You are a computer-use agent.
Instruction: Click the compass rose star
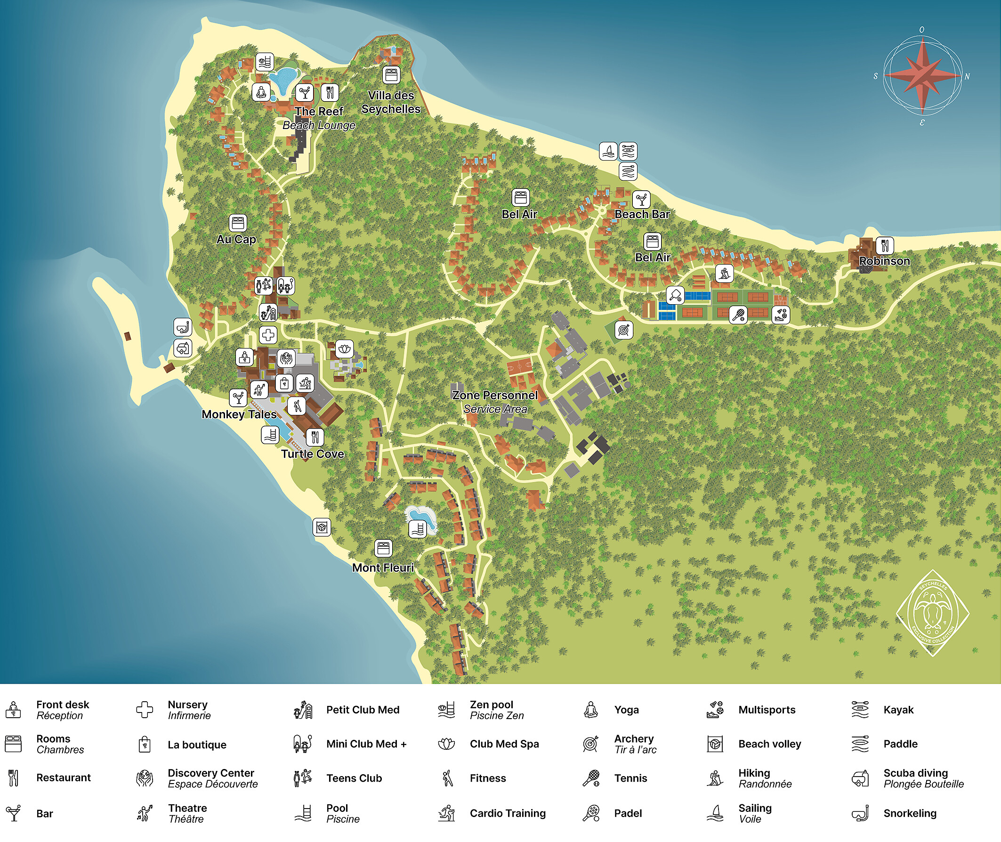coord(922,76)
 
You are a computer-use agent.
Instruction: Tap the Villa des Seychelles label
coord(391,102)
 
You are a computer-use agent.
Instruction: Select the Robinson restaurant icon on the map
coord(885,245)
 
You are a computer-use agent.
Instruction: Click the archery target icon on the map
coord(623,330)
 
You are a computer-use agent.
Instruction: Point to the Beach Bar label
coord(642,214)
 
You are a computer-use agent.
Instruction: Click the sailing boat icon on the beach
coord(608,151)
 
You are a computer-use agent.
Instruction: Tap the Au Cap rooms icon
coord(238,223)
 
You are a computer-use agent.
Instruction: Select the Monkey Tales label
coord(239,414)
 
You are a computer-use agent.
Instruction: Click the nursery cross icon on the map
coord(268,335)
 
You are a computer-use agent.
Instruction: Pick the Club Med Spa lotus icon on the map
coord(344,349)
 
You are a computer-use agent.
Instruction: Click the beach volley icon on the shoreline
coord(322,527)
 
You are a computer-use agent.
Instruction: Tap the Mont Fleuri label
coord(383,567)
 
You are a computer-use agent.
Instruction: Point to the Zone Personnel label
coord(495,395)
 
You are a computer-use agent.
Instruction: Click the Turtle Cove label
coord(313,454)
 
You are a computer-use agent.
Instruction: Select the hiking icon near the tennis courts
coord(724,274)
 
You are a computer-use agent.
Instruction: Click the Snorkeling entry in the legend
coord(909,813)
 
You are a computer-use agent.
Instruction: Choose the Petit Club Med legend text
coord(363,710)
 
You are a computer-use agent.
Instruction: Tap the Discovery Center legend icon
coord(145,778)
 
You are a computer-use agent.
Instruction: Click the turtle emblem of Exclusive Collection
coord(932,613)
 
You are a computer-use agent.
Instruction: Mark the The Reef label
coord(319,111)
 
